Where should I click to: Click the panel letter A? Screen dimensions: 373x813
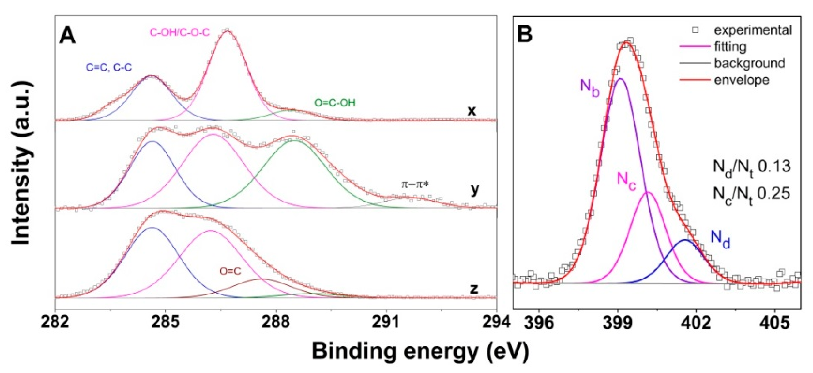coord(68,35)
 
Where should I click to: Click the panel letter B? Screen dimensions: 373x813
coord(525,34)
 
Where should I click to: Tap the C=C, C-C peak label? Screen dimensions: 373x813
coord(109,67)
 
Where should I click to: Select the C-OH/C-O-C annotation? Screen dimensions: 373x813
coord(179,33)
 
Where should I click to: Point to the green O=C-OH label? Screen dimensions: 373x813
coord(335,103)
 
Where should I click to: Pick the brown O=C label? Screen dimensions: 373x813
coord(230,271)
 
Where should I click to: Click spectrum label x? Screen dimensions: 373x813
coord(471,111)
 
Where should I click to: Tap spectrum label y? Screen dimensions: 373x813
coord(475,190)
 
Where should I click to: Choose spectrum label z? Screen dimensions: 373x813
coord(474,289)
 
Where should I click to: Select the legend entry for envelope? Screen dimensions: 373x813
coord(742,80)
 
